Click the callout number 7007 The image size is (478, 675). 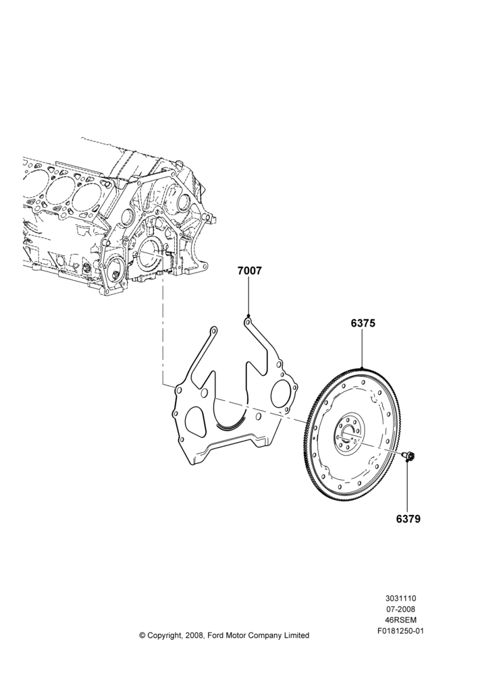click(249, 271)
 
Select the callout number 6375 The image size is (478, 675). click(363, 323)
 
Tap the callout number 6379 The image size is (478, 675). click(408, 518)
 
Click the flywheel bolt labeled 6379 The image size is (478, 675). click(407, 456)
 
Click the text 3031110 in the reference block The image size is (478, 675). click(400, 598)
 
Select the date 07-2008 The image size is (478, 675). click(400, 609)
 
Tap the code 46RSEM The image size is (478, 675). click(400, 620)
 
